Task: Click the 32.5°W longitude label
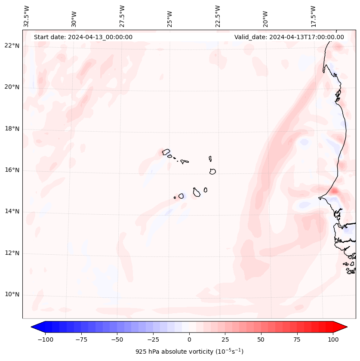(27, 16)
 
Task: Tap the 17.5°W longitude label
(313, 16)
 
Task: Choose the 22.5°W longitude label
(218, 16)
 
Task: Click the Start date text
(83, 37)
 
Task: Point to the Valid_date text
(289, 37)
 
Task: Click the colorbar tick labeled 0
(189, 339)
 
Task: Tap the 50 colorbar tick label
(261, 339)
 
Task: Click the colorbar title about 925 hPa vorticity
(189, 352)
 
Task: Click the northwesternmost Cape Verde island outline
(166, 151)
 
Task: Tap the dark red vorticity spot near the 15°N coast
(335, 190)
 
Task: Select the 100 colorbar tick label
(333, 339)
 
